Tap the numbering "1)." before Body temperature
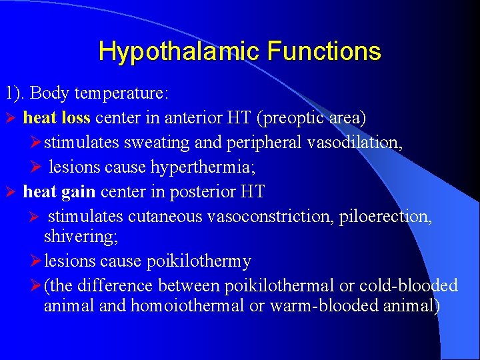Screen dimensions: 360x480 pos(15,92)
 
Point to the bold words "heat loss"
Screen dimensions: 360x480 pos(57,118)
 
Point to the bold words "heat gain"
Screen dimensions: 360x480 pos(59,192)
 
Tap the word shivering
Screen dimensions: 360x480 pos(74,236)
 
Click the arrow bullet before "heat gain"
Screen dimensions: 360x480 pos(10,193)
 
